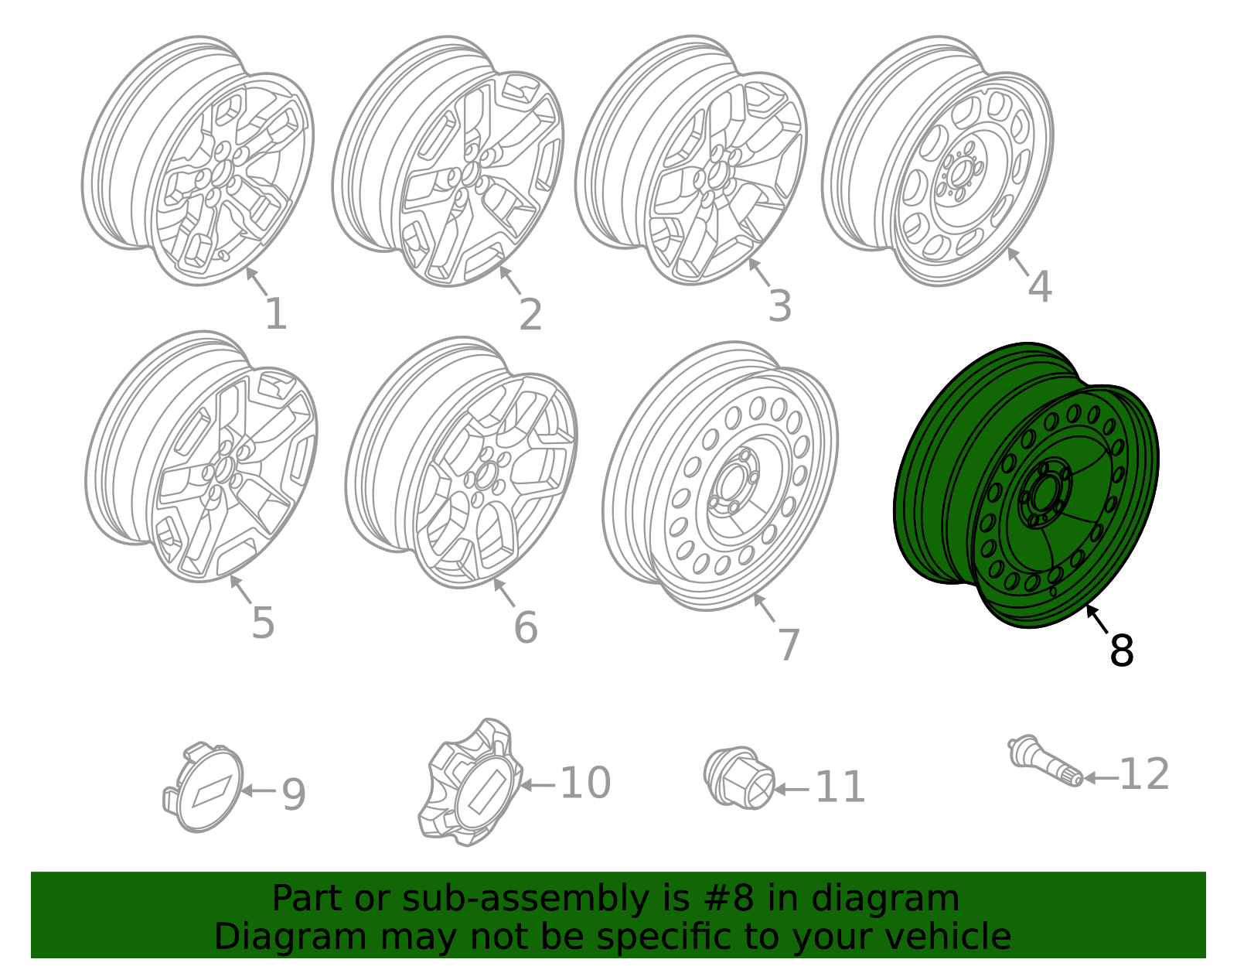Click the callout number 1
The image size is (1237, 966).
pos(275,315)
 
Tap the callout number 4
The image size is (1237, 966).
pos(1039,287)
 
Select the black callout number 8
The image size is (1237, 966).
pos(1121,651)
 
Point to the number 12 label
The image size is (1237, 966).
pos(1144,774)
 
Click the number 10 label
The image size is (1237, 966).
pos(585,783)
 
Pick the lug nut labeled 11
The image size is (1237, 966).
pos(738,779)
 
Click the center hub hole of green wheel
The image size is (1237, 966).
pos(1043,493)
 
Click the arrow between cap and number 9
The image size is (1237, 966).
pos(259,790)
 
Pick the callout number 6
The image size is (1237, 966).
pos(526,627)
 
